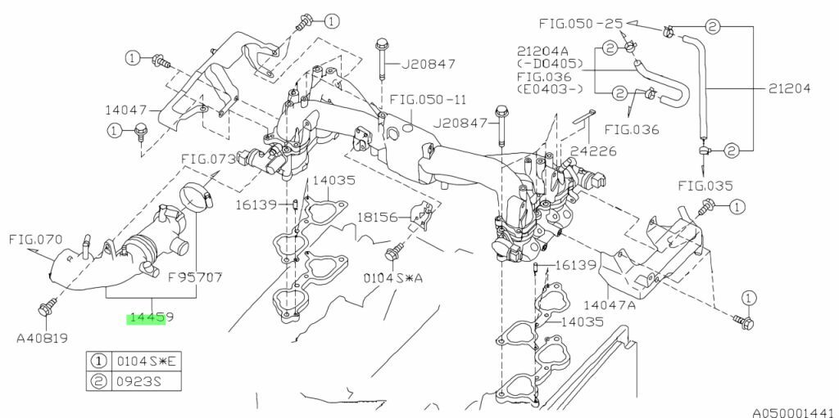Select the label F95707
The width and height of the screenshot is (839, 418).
[x=195, y=277]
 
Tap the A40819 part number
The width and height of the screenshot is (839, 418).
[x=43, y=339]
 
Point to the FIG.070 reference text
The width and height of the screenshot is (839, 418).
[x=35, y=240]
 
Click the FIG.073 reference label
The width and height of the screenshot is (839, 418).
[x=208, y=160]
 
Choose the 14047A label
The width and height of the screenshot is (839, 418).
[x=610, y=305]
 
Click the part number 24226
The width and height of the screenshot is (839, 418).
[x=593, y=151]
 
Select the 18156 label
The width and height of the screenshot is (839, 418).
[x=378, y=217]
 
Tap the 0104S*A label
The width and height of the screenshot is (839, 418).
[x=393, y=278]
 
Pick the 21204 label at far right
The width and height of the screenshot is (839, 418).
[x=790, y=88]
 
